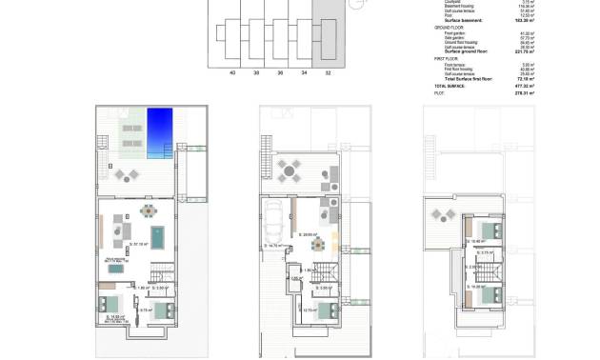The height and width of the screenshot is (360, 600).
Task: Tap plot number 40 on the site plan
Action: (232, 71)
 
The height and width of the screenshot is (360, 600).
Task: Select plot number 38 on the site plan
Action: (255, 71)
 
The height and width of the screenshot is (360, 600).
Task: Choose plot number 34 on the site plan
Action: (304, 71)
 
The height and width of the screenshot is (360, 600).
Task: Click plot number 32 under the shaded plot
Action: (328, 71)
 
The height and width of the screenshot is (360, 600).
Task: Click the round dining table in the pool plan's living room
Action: (147, 210)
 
